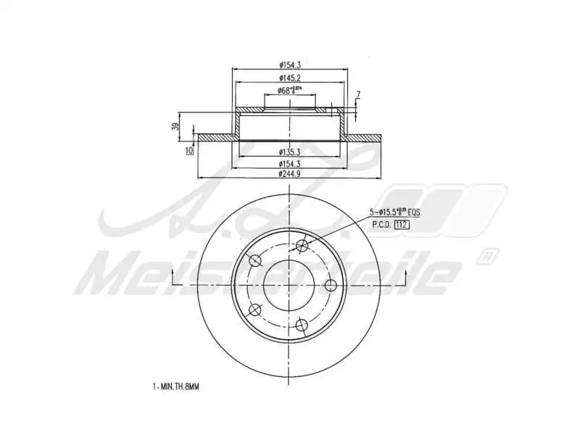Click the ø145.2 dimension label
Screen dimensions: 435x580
pos(289,77)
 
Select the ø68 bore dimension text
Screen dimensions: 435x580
pos(289,91)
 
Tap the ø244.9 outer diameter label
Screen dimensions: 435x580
pos(289,174)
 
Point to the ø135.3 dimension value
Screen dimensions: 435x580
pos(289,152)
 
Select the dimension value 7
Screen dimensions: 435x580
pos(357,95)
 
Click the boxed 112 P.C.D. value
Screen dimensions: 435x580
pos(402,225)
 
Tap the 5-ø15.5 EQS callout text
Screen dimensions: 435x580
pos(394,212)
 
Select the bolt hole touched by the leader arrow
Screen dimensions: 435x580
pos(303,245)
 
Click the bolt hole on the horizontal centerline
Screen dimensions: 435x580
pos(331,284)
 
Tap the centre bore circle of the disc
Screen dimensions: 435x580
pos(289,285)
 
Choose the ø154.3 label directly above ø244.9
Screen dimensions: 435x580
pos(289,164)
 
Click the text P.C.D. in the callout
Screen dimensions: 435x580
pos(381,225)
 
